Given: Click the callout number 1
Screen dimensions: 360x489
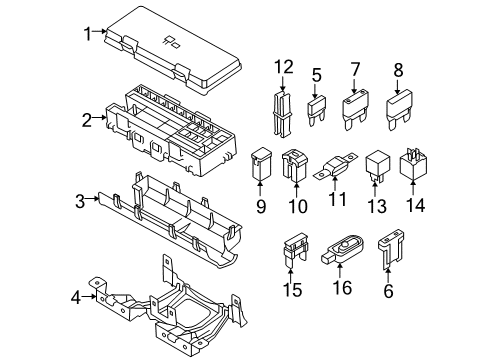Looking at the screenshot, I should (x=87, y=32).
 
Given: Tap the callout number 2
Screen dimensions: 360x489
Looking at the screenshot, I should (x=87, y=121).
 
